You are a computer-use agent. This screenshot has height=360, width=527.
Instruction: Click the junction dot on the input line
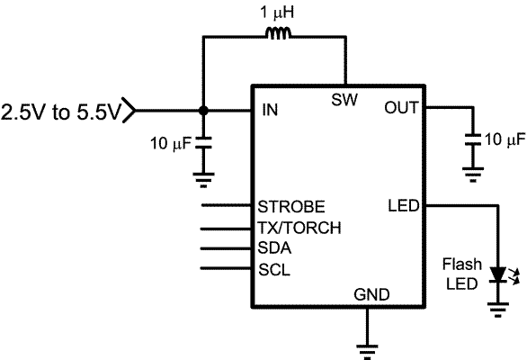click(204, 111)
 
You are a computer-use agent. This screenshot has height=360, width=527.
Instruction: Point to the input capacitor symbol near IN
click(204, 142)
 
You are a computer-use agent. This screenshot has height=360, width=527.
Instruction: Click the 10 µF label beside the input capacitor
click(170, 142)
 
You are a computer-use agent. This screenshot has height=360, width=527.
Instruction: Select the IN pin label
click(268, 111)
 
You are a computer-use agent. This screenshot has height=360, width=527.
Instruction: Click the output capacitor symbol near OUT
click(471, 139)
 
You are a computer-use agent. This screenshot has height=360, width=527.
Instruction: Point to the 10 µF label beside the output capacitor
click(505, 139)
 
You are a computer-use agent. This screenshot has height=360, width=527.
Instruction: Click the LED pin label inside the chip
click(403, 206)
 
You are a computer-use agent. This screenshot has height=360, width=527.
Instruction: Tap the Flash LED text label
click(462, 274)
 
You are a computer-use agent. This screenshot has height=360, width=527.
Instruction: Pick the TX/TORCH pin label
click(299, 227)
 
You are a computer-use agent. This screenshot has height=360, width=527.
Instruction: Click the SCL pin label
click(274, 269)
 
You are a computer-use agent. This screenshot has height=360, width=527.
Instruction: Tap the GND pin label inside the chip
click(371, 294)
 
